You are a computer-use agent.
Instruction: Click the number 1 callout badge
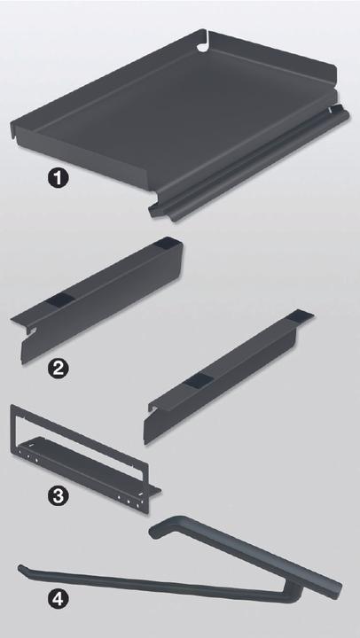coord(58,179)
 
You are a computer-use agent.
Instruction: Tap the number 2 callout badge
coord(58,369)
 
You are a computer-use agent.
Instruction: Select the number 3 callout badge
coord(58,496)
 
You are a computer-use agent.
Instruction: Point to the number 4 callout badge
coord(58,599)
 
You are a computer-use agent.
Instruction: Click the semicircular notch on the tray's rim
coord(202,47)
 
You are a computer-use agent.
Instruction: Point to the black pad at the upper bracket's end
coord(167,244)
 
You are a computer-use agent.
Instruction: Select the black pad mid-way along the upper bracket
coord(60,300)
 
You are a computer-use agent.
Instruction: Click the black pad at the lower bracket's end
coord(301,315)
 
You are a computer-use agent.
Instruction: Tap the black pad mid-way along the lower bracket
coord(198,381)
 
